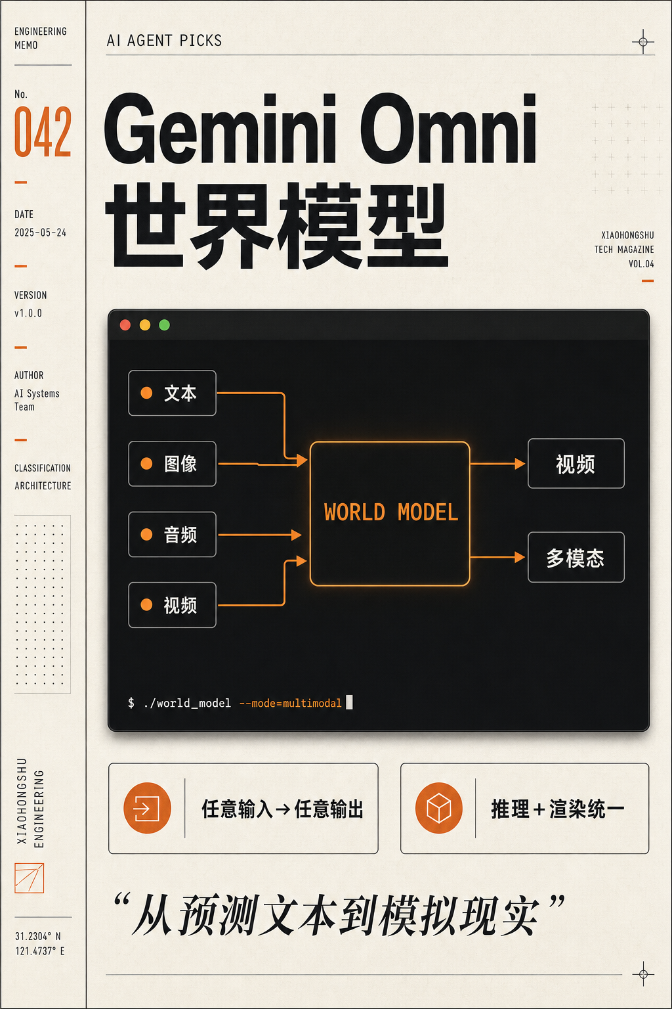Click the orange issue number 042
[x=43, y=131]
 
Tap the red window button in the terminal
[x=125, y=325]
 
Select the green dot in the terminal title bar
[x=164, y=325]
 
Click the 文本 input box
[x=173, y=393]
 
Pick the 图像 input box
[x=173, y=464]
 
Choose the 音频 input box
[x=173, y=534]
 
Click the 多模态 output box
[x=576, y=557]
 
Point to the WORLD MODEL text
[x=390, y=512]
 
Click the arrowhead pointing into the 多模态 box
[x=520, y=557]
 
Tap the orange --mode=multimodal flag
[x=290, y=703]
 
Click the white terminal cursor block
[x=349, y=702]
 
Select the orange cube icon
[x=439, y=807]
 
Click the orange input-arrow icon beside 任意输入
[x=147, y=807]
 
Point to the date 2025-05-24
[x=41, y=233]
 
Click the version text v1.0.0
[x=28, y=313]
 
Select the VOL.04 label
[x=641, y=264]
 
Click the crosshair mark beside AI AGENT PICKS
[x=643, y=42]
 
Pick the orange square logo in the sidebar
[x=30, y=878]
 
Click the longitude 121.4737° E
[x=40, y=951]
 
